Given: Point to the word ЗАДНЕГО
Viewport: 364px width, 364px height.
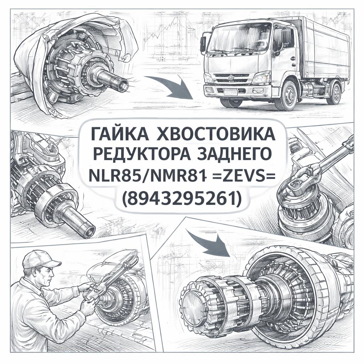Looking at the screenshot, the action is point(234,154).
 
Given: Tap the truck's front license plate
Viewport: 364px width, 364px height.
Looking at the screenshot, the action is point(230,93).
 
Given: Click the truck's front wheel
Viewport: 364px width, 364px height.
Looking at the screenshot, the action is point(289,96).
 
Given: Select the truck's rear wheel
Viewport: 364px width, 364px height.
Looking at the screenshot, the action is point(334,93).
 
